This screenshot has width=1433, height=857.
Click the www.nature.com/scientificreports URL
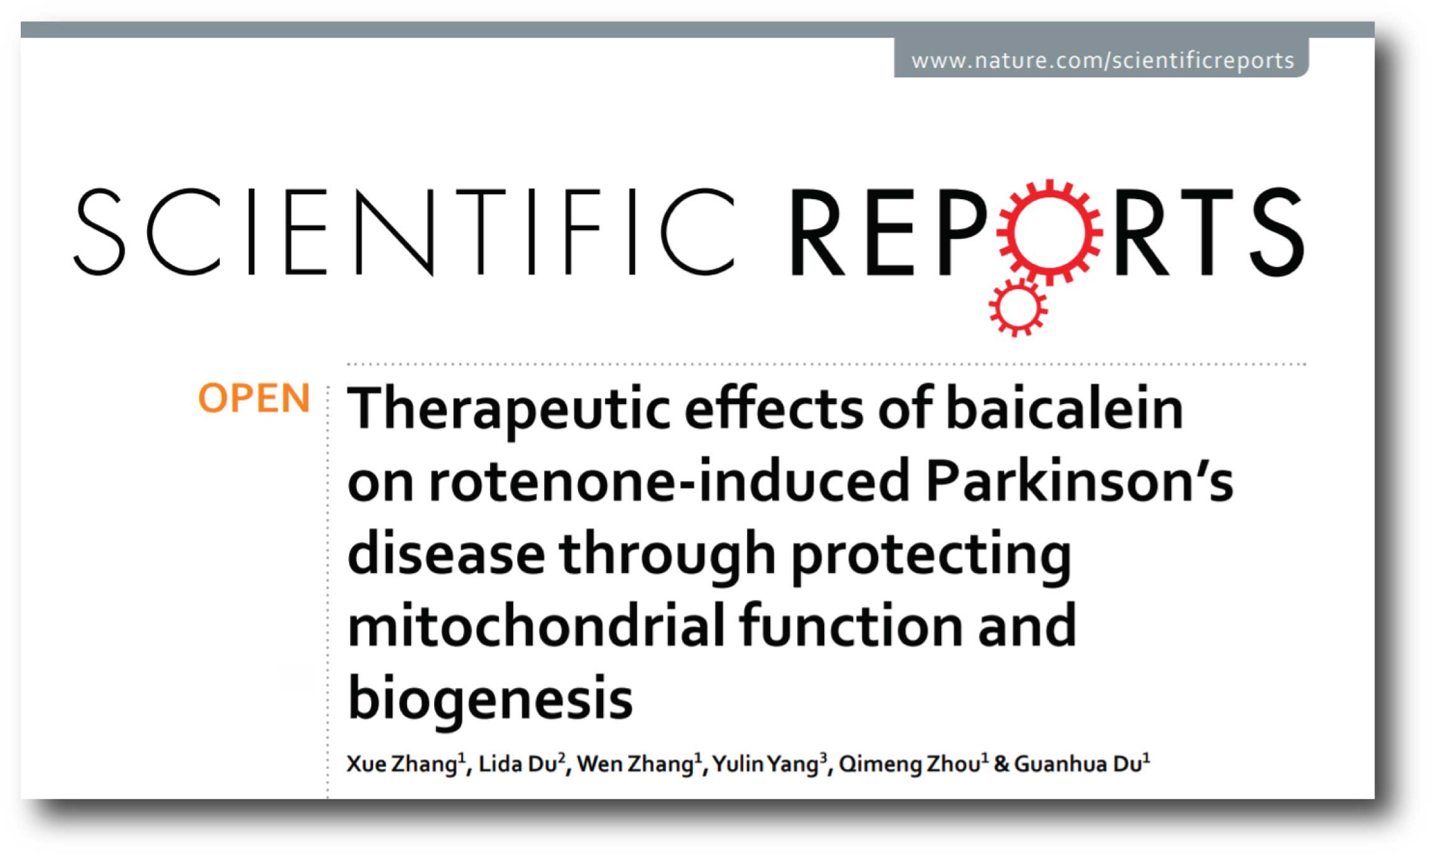click(1103, 60)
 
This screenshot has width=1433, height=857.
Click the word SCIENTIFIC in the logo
click(404, 232)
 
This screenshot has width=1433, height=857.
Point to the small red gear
click(1018, 307)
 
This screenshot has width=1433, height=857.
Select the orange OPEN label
click(254, 398)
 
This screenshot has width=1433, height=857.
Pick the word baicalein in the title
click(1064, 408)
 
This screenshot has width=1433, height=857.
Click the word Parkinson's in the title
click(1079, 481)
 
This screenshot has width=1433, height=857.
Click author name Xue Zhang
click(402, 764)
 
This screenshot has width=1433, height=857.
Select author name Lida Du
click(518, 763)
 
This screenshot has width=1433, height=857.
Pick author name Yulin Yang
click(765, 764)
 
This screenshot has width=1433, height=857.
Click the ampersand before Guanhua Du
click(1001, 764)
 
